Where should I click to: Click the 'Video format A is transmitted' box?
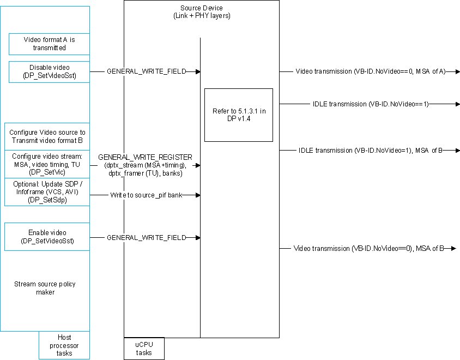pos(49,44)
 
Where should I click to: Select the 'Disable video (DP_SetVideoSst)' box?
pos(49,71)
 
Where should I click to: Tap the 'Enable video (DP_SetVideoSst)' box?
pos(47,237)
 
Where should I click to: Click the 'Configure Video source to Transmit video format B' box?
pos(47,136)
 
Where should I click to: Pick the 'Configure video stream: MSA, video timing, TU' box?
pos(47,164)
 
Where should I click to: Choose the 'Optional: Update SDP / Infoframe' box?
pos(47,192)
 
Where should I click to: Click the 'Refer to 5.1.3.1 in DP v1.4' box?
pos(239,115)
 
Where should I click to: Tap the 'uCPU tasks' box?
pos(144,349)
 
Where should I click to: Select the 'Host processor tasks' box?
pos(64,345)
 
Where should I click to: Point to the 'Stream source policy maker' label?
pos(45,288)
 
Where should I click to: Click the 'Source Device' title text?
pos(201,8)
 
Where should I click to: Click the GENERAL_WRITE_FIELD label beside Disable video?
pos(146,71)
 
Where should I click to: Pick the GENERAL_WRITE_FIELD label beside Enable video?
pos(146,237)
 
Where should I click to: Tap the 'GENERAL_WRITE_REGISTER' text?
pos(145,157)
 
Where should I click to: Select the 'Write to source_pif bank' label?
pos(146,194)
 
